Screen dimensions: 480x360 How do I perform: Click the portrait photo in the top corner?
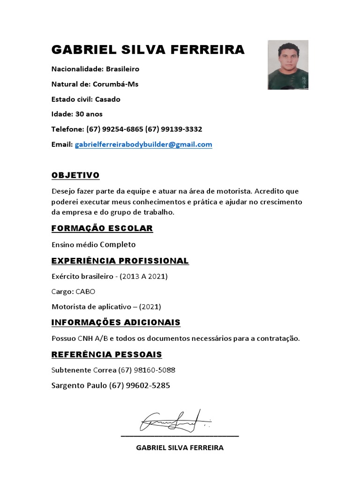pos(288,65)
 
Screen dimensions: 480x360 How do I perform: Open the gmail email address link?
pos(143,144)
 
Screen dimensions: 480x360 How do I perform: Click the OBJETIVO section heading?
pos(75,175)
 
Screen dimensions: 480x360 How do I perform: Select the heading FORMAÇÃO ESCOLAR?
pos(102,228)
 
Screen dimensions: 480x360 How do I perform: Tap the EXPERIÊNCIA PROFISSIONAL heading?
pos(120,261)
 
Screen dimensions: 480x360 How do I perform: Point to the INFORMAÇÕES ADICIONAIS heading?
pos(116,322)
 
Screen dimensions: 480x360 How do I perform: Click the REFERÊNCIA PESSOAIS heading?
pos(106,354)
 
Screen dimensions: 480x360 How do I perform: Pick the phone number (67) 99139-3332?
pos(174,129)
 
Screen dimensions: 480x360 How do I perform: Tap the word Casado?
pos(107,99)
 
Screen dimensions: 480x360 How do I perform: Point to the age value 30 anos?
pos(88,114)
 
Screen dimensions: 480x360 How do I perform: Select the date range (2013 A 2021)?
pos(143,277)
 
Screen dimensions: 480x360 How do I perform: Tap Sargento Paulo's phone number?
pos(139,386)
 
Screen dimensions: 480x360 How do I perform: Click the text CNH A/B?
pos(92,338)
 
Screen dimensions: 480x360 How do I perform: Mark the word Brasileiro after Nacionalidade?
pos(122,69)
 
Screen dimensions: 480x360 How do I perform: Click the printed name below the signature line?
pos(180,448)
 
